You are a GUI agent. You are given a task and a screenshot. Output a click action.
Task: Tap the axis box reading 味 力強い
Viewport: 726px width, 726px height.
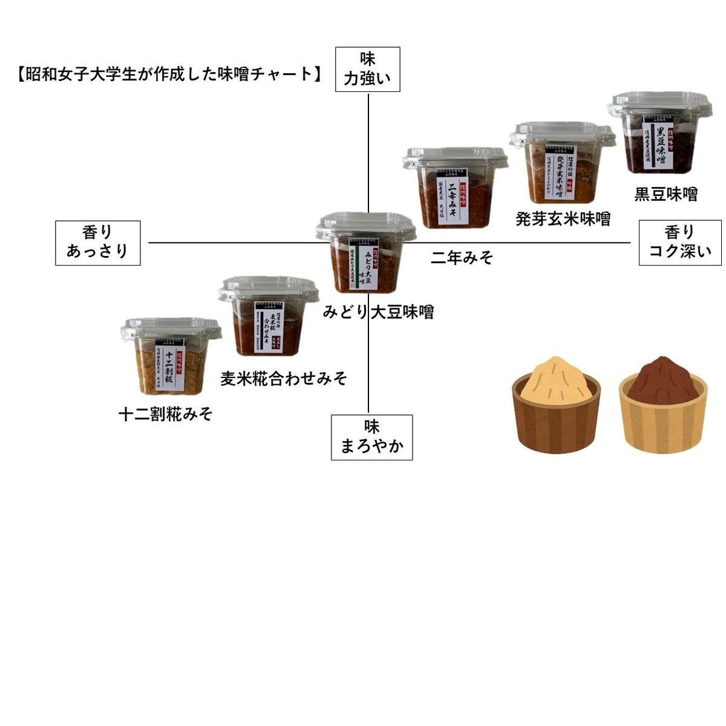pos(368,70)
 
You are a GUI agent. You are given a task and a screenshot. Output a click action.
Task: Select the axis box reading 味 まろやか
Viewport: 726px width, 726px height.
pos(372,437)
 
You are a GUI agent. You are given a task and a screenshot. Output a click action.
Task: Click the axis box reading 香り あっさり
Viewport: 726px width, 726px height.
pos(98,243)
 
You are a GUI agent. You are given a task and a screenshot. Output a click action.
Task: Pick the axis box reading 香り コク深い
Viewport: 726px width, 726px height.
pos(680,243)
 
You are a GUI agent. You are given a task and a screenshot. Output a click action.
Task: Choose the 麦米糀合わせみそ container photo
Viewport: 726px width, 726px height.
pos(268,318)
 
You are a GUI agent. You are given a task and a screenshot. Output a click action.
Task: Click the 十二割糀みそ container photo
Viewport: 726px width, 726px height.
pos(171,358)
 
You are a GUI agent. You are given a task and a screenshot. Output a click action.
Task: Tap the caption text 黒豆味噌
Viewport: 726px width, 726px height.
pos(665,194)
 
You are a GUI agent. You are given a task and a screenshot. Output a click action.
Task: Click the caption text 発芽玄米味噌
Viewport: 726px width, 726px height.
pos(563,218)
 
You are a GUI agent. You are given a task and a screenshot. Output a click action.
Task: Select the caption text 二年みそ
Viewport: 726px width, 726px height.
pos(462,258)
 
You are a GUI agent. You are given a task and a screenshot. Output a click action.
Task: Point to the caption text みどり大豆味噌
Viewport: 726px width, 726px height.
pos(378,312)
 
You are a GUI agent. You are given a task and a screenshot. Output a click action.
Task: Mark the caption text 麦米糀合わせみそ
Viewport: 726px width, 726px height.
pos(284,379)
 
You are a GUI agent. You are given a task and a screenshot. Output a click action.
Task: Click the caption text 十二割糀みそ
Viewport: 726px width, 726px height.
pos(165,414)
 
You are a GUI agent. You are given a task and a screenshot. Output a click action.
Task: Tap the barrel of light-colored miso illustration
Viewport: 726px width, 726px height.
pos(556,405)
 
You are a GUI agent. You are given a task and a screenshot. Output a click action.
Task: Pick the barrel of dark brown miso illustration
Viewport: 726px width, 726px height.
pos(662,405)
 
